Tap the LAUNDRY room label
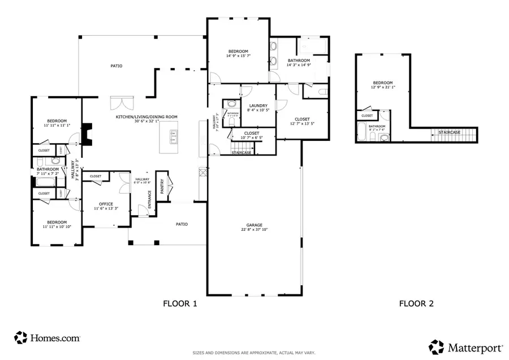[x=250, y=105]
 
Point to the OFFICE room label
[x=106, y=204]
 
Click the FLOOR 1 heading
[x=180, y=303]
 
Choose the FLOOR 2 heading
[x=416, y=303]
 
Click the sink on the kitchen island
[x=175, y=135]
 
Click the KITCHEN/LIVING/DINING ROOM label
[x=146, y=117]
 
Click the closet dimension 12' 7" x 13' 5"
[x=301, y=123]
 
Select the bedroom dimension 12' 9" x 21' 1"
[x=382, y=87]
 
